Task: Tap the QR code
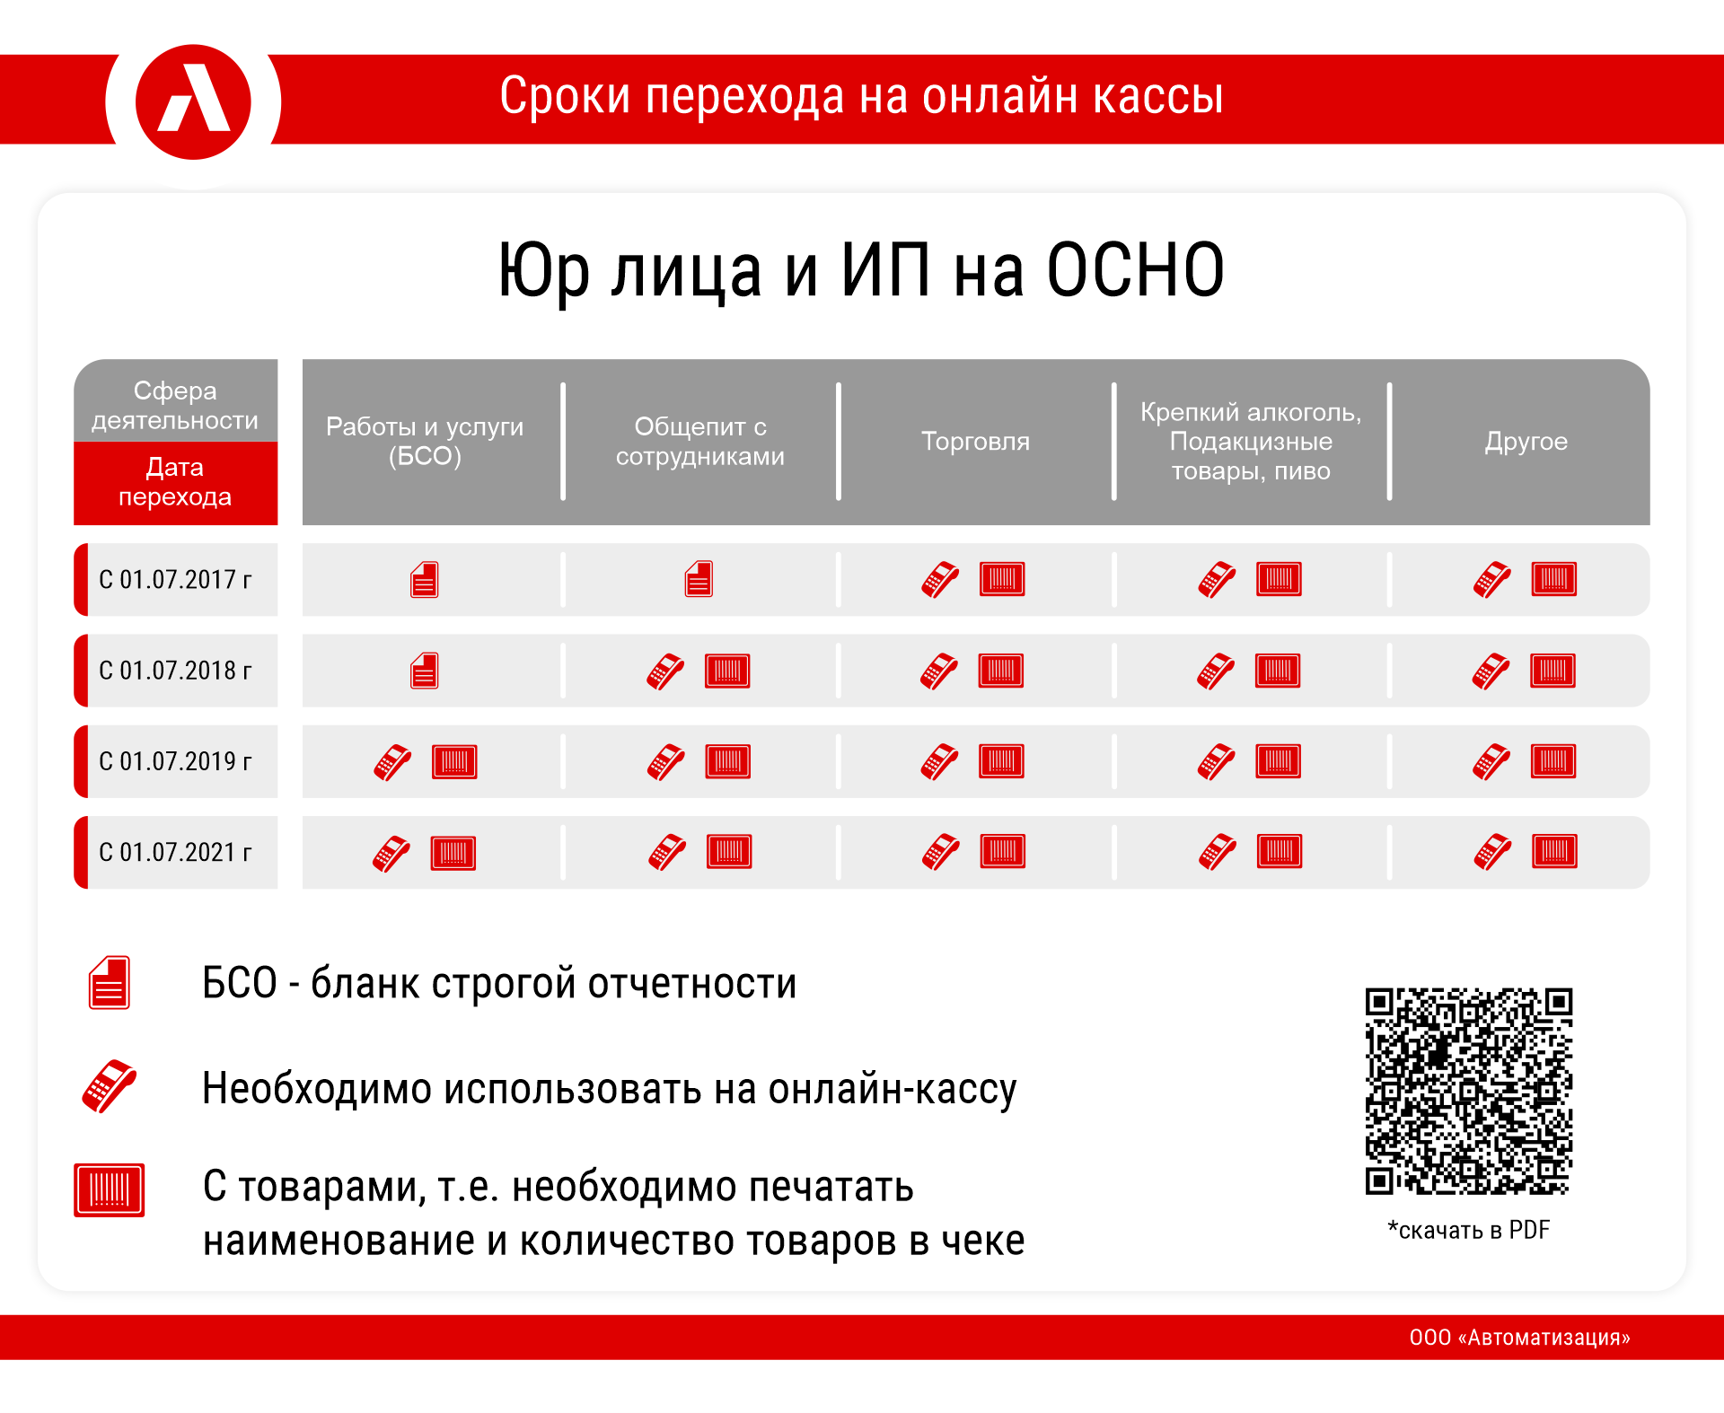(1469, 1092)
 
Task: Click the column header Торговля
(975, 442)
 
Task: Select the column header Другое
(1526, 442)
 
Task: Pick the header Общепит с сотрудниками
(700, 442)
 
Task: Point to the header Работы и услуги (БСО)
(425, 442)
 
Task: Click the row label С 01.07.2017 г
(175, 580)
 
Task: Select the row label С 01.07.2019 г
(175, 761)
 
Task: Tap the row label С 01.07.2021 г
(175, 852)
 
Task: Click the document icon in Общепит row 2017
(699, 579)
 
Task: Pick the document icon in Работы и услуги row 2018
(425, 671)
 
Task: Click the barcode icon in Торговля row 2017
(1002, 579)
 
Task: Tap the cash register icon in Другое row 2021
(1492, 852)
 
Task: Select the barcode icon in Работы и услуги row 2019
(454, 761)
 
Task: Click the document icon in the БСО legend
(110, 982)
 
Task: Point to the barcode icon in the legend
(110, 1190)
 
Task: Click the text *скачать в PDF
(1469, 1230)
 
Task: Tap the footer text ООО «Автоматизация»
(1519, 1338)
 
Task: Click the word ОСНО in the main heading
(1135, 270)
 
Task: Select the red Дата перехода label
(175, 482)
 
